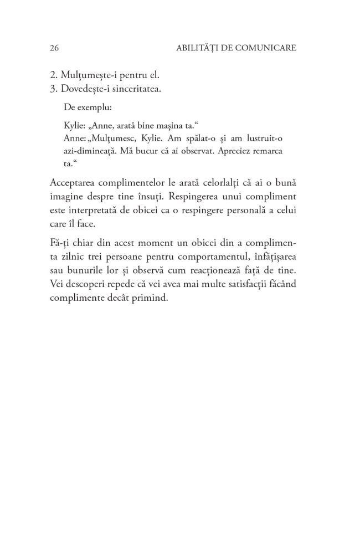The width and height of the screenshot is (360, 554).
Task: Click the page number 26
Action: point(54,48)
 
